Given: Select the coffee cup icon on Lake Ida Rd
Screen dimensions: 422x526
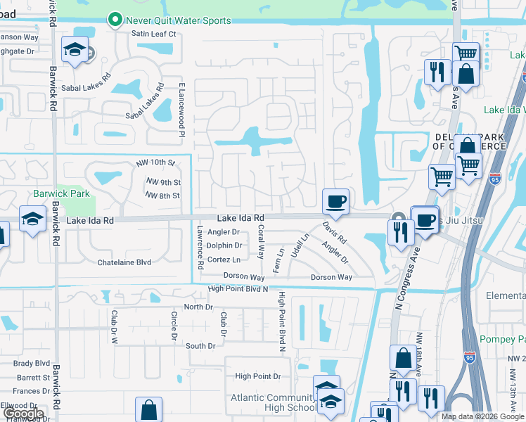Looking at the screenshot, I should (335, 202).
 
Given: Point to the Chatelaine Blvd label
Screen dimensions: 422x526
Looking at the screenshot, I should (124, 262).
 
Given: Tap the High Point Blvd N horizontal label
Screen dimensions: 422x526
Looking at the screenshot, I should (238, 288).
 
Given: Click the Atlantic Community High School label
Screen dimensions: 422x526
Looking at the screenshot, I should (274, 402).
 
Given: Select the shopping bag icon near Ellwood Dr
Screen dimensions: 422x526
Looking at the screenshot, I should (148, 409).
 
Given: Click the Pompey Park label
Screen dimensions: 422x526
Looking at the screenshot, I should (502, 340).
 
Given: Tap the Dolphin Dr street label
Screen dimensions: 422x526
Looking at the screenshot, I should (225, 245).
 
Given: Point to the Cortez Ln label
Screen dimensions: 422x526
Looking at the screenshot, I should (224, 260).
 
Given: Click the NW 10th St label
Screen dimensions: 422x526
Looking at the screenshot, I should (155, 162).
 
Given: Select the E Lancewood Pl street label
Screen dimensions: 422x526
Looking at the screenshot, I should (181, 109).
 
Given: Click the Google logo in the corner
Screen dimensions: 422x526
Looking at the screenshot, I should (23, 414).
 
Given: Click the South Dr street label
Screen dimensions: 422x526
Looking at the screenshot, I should (200, 346).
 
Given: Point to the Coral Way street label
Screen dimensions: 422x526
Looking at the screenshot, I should (260, 242).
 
